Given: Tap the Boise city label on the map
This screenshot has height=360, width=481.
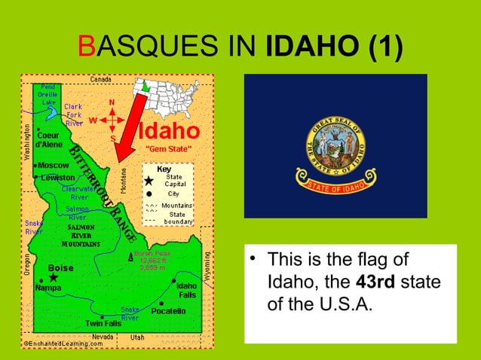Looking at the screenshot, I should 60,267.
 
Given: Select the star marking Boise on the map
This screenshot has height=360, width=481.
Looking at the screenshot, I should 54,278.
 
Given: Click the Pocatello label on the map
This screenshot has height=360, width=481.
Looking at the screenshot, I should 168,310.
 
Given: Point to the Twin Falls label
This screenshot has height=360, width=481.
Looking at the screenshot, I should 103,323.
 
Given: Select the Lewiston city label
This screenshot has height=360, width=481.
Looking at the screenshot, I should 57,177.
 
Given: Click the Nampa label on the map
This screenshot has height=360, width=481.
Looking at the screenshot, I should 50,288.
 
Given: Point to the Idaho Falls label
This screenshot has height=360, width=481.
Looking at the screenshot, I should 186,290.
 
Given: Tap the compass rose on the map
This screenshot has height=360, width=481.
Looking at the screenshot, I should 112,120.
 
